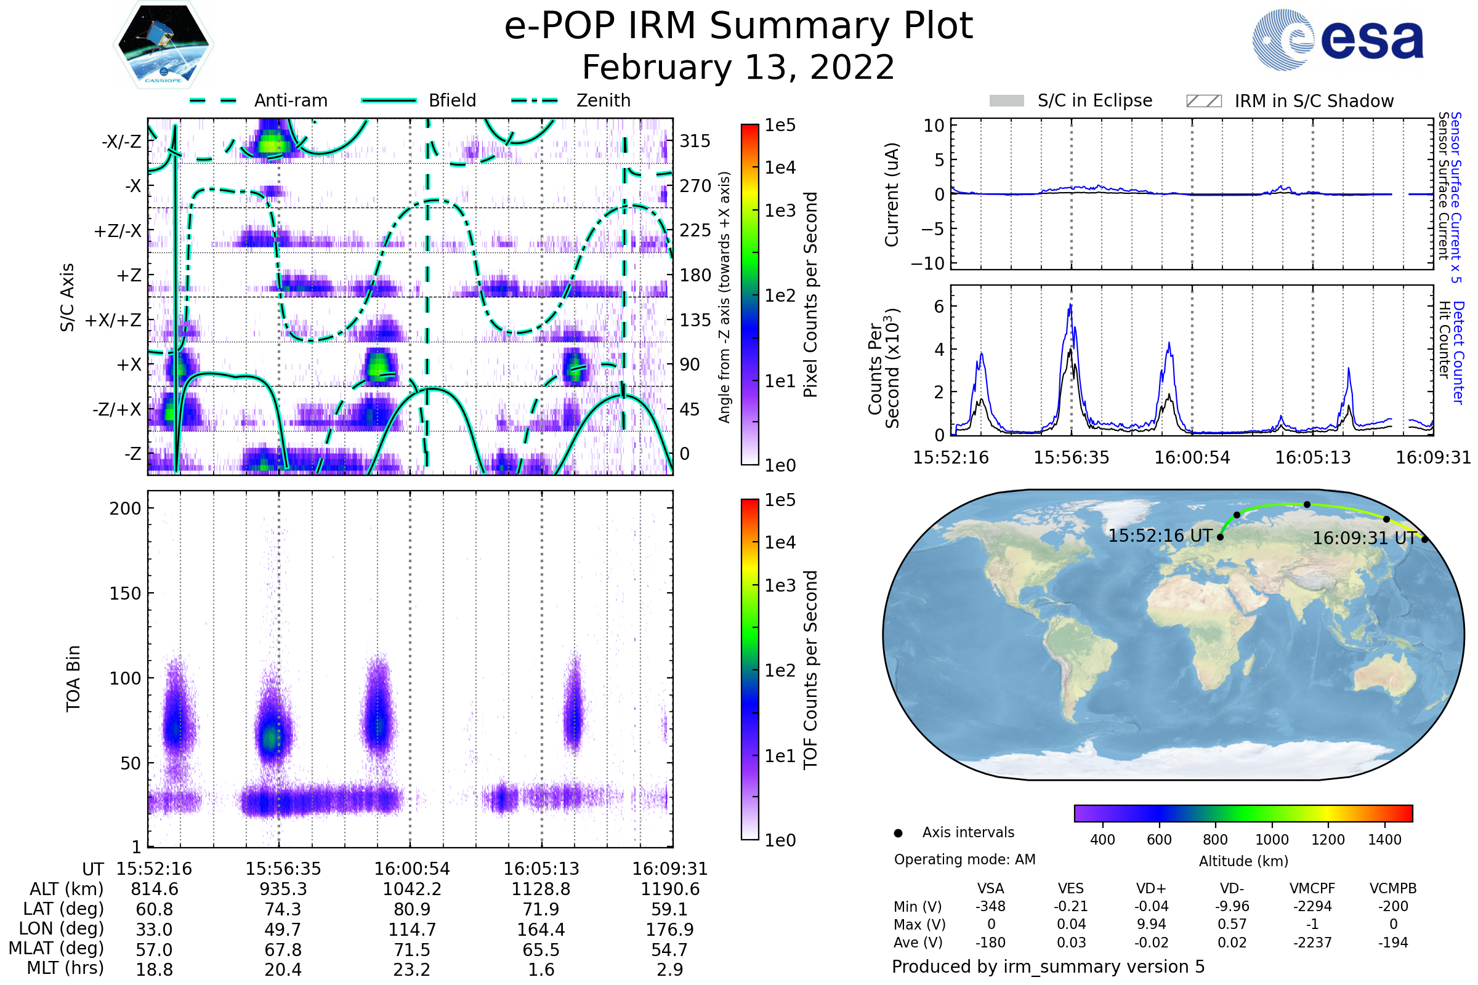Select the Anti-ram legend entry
(290, 100)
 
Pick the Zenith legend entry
(603, 100)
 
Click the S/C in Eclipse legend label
(1095, 100)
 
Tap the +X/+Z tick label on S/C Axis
(113, 320)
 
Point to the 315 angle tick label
(695, 141)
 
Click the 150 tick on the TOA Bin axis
(125, 593)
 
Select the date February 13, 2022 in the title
(738, 67)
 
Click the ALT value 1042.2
(412, 889)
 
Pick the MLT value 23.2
(412, 969)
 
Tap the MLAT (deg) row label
(56, 949)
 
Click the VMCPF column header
(1312, 888)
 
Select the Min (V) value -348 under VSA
(990, 906)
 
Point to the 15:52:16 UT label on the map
(1160, 536)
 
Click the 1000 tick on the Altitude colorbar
(1272, 839)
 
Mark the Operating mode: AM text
(964, 859)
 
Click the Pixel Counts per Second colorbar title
(810, 295)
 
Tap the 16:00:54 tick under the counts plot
(1192, 457)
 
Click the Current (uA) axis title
(892, 195)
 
